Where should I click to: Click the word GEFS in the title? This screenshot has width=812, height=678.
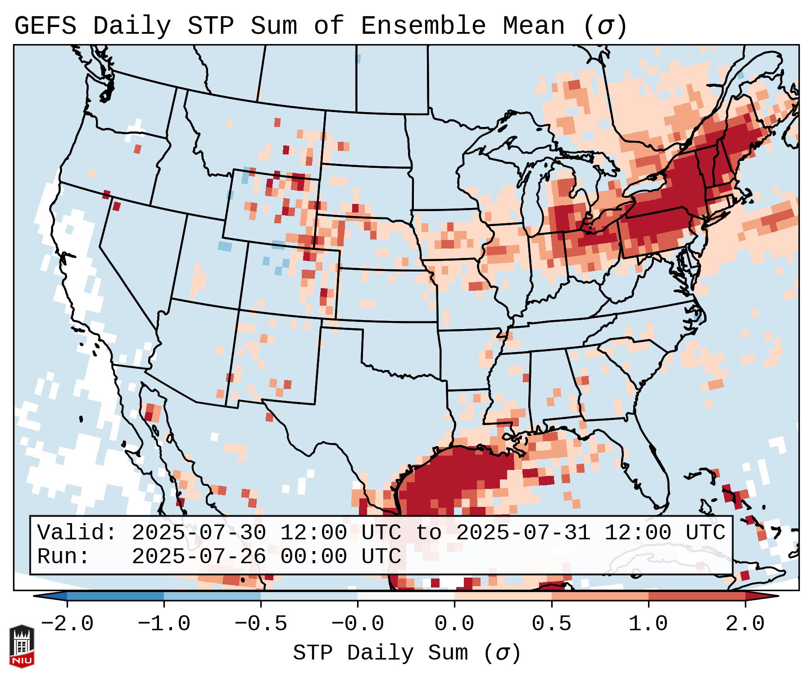pyautogui.click(x=45, y=26)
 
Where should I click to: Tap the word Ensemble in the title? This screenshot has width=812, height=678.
pyautogui.click(x=423, y=26)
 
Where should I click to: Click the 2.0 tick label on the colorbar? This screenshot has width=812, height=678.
pyautogui.click(x=745, y=624)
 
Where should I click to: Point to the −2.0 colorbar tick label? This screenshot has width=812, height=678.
pyautogui.click(x=67, y=624)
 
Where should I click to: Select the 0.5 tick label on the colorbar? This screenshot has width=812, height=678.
pyautogui.click(x=552, y=624)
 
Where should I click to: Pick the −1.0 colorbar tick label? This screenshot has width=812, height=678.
pyautogui.click(x=164, y=624)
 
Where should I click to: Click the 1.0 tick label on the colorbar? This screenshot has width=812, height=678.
pyautogui.click(x=649, y=624)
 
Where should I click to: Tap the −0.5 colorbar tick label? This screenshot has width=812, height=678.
pyautogui.click(x=261, y=624)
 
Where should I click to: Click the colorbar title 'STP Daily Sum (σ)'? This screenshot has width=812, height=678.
pyautogui.click(x=407, y=653)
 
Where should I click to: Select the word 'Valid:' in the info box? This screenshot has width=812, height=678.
pyautogui.click(x=77, y=533)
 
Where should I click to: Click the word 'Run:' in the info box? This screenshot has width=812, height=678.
pyautogui.click(x=64, y=557)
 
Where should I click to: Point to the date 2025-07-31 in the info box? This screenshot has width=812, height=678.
pyautogui.click(x=523, y=533)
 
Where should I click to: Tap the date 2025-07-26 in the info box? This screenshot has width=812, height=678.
pyautogui.click(x=199, y=557)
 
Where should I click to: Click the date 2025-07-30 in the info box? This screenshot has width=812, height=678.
pyautogui.click(x=199, y=533)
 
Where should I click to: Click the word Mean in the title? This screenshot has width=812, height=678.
pyautogui.click(x=534, y=26)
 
